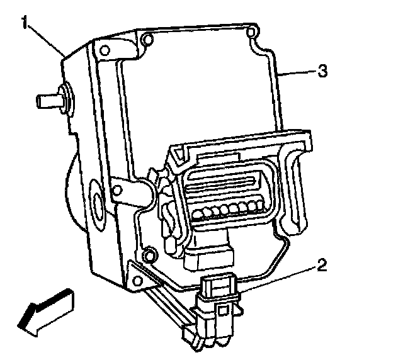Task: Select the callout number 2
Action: pos(321,265)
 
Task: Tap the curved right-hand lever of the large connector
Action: pos(296,183)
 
